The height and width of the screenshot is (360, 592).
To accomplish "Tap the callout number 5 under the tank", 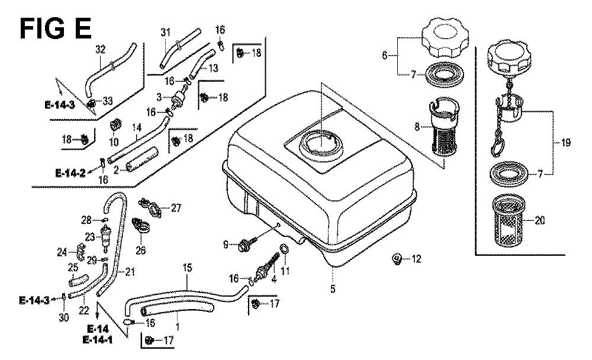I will (x=333, y=289).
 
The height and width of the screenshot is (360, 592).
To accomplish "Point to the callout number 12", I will (x=416, y=258).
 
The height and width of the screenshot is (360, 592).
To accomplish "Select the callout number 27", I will (x=176, y=207).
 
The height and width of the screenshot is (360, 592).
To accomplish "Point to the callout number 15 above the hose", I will (x=187, y=268).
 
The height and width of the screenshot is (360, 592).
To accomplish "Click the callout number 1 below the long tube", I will (x=178, y=324).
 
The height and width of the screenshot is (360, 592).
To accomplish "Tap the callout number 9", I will (x=226, y=245).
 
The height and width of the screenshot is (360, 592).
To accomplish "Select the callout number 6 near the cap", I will (x=384, y=56).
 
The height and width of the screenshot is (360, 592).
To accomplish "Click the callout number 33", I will (x=107, y=102).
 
